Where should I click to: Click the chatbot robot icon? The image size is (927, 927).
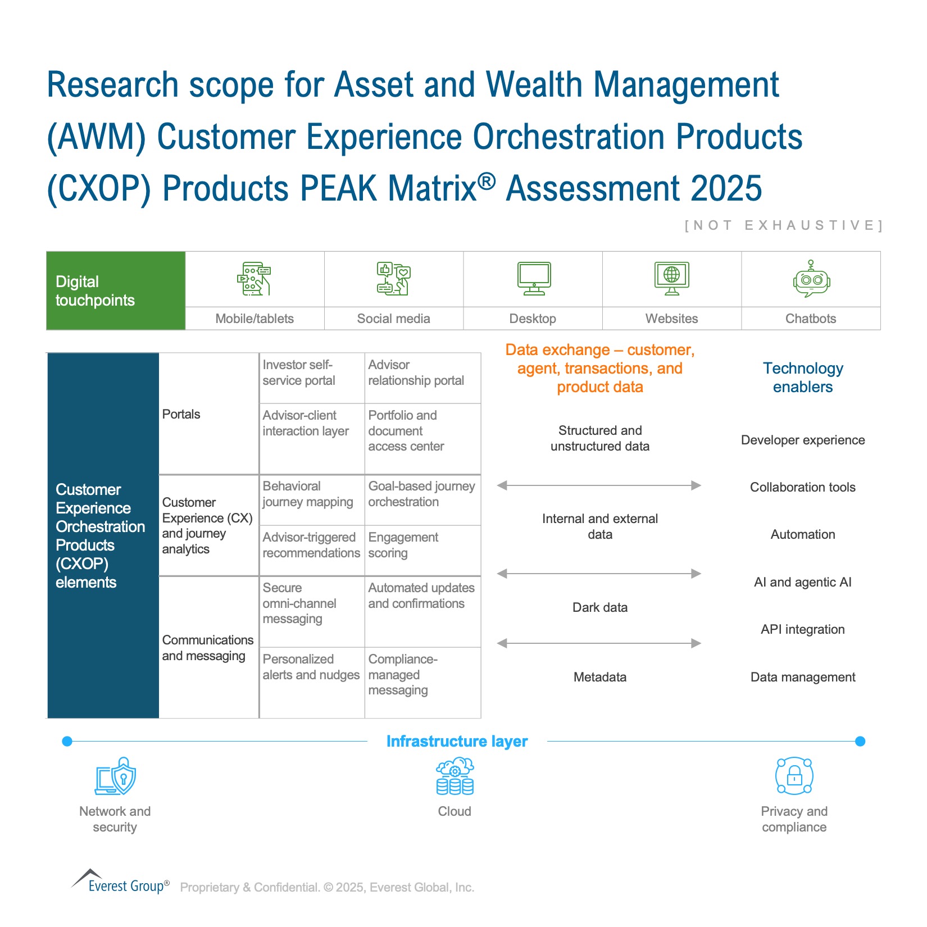pos(811,279)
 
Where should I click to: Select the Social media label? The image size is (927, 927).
pos(393,319)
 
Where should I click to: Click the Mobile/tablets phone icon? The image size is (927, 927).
pos(254,279)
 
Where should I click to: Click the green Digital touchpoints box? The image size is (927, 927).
pos(116,290)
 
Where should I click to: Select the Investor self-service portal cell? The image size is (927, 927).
pos(312,378)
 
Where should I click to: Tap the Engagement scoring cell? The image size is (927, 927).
pos(422,551)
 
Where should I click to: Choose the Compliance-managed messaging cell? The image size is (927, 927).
pos(422,683)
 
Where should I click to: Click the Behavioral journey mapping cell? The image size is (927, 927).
pos(312,500)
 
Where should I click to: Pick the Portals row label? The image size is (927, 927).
pos(181,414)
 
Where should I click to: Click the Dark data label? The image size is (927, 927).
pos(600,607)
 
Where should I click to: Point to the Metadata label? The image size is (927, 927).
pos(600,677)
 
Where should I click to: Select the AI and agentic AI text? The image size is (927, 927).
pos(803,582)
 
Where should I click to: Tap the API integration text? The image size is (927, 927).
pos(803,629)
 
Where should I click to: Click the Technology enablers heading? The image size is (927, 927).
pos(803,378)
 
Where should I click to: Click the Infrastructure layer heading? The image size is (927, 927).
pos(457,742)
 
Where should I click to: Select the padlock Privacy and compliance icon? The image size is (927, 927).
pos(794,776)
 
